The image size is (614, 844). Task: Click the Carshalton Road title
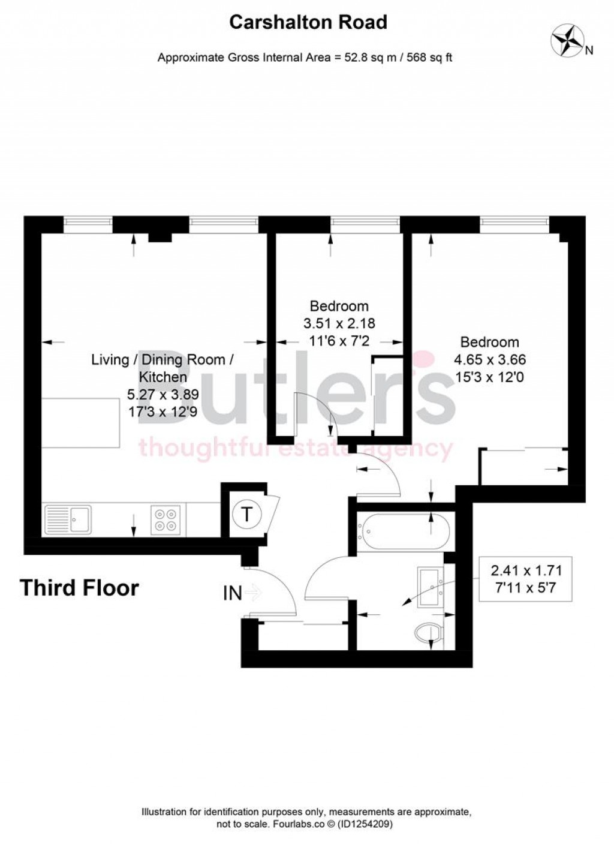coord(308,22)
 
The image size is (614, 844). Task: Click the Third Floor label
coord(79,588)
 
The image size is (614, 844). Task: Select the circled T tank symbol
coord(246,514)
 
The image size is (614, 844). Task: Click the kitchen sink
coord(68,519)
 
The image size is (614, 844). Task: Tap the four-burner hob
coord(166,519)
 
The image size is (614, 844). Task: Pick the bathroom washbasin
coord(431,581)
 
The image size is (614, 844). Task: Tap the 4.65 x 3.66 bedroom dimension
coord(489,360)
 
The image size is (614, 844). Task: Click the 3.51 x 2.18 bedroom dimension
coord(339,323)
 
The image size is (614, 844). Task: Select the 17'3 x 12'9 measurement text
coord(162,412)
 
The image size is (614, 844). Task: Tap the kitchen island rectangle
coord(80,423)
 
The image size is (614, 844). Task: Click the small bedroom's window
coord(365,224)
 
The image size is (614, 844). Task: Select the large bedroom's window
coord(514,224)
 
